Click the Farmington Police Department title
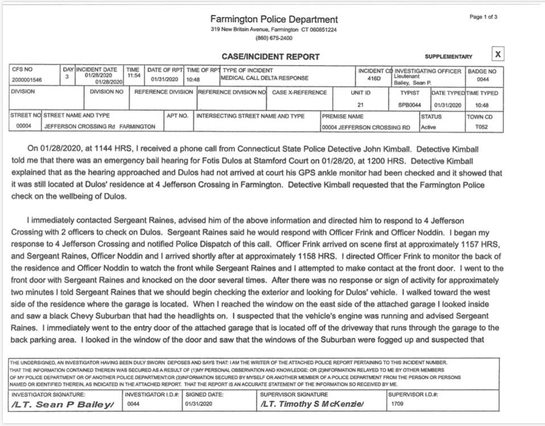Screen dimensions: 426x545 [274, 19]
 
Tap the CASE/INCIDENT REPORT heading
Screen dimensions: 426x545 [271, 56]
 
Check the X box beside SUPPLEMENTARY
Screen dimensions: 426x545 [498, 54]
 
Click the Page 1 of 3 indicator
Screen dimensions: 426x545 [484, 17]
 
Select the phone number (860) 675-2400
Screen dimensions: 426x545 [274, 38]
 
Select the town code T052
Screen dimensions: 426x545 [482, 127]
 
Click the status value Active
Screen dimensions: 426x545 [428, 127]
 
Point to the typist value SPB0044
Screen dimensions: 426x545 [410, 105]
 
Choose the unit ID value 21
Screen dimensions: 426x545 [361, 105]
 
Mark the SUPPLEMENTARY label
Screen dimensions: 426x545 [448, 57]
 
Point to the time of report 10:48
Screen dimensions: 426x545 [193, 80]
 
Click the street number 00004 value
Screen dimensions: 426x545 [23, 126]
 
